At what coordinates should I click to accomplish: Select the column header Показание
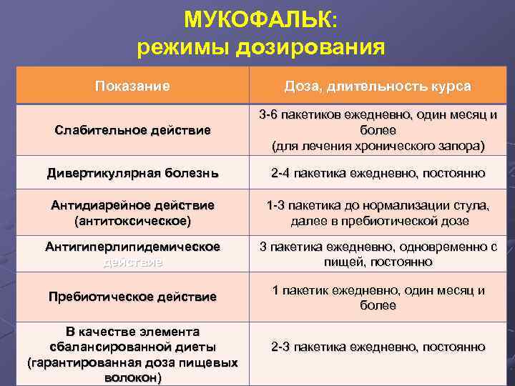[x=132, y=86]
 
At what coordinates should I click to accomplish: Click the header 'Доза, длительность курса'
[x=378, y=86]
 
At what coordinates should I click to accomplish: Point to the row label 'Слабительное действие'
[x=132, y=130]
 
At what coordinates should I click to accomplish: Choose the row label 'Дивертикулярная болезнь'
[x=132, y=173]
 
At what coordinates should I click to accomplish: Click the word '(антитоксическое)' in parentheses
[x=132, y=221]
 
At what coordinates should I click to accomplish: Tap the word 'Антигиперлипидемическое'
[x=132, y=247]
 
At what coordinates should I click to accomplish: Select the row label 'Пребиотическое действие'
[x=132, y=297]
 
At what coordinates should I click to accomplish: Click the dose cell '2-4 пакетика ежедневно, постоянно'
[x=378, y=173]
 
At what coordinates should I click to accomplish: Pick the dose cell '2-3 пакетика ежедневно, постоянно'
[x=378, y=347]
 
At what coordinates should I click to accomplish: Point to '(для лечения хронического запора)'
[x=378, y=147]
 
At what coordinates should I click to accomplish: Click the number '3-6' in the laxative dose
[x=270, y=114]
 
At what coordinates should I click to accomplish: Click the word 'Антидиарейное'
[x=92, y=205]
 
